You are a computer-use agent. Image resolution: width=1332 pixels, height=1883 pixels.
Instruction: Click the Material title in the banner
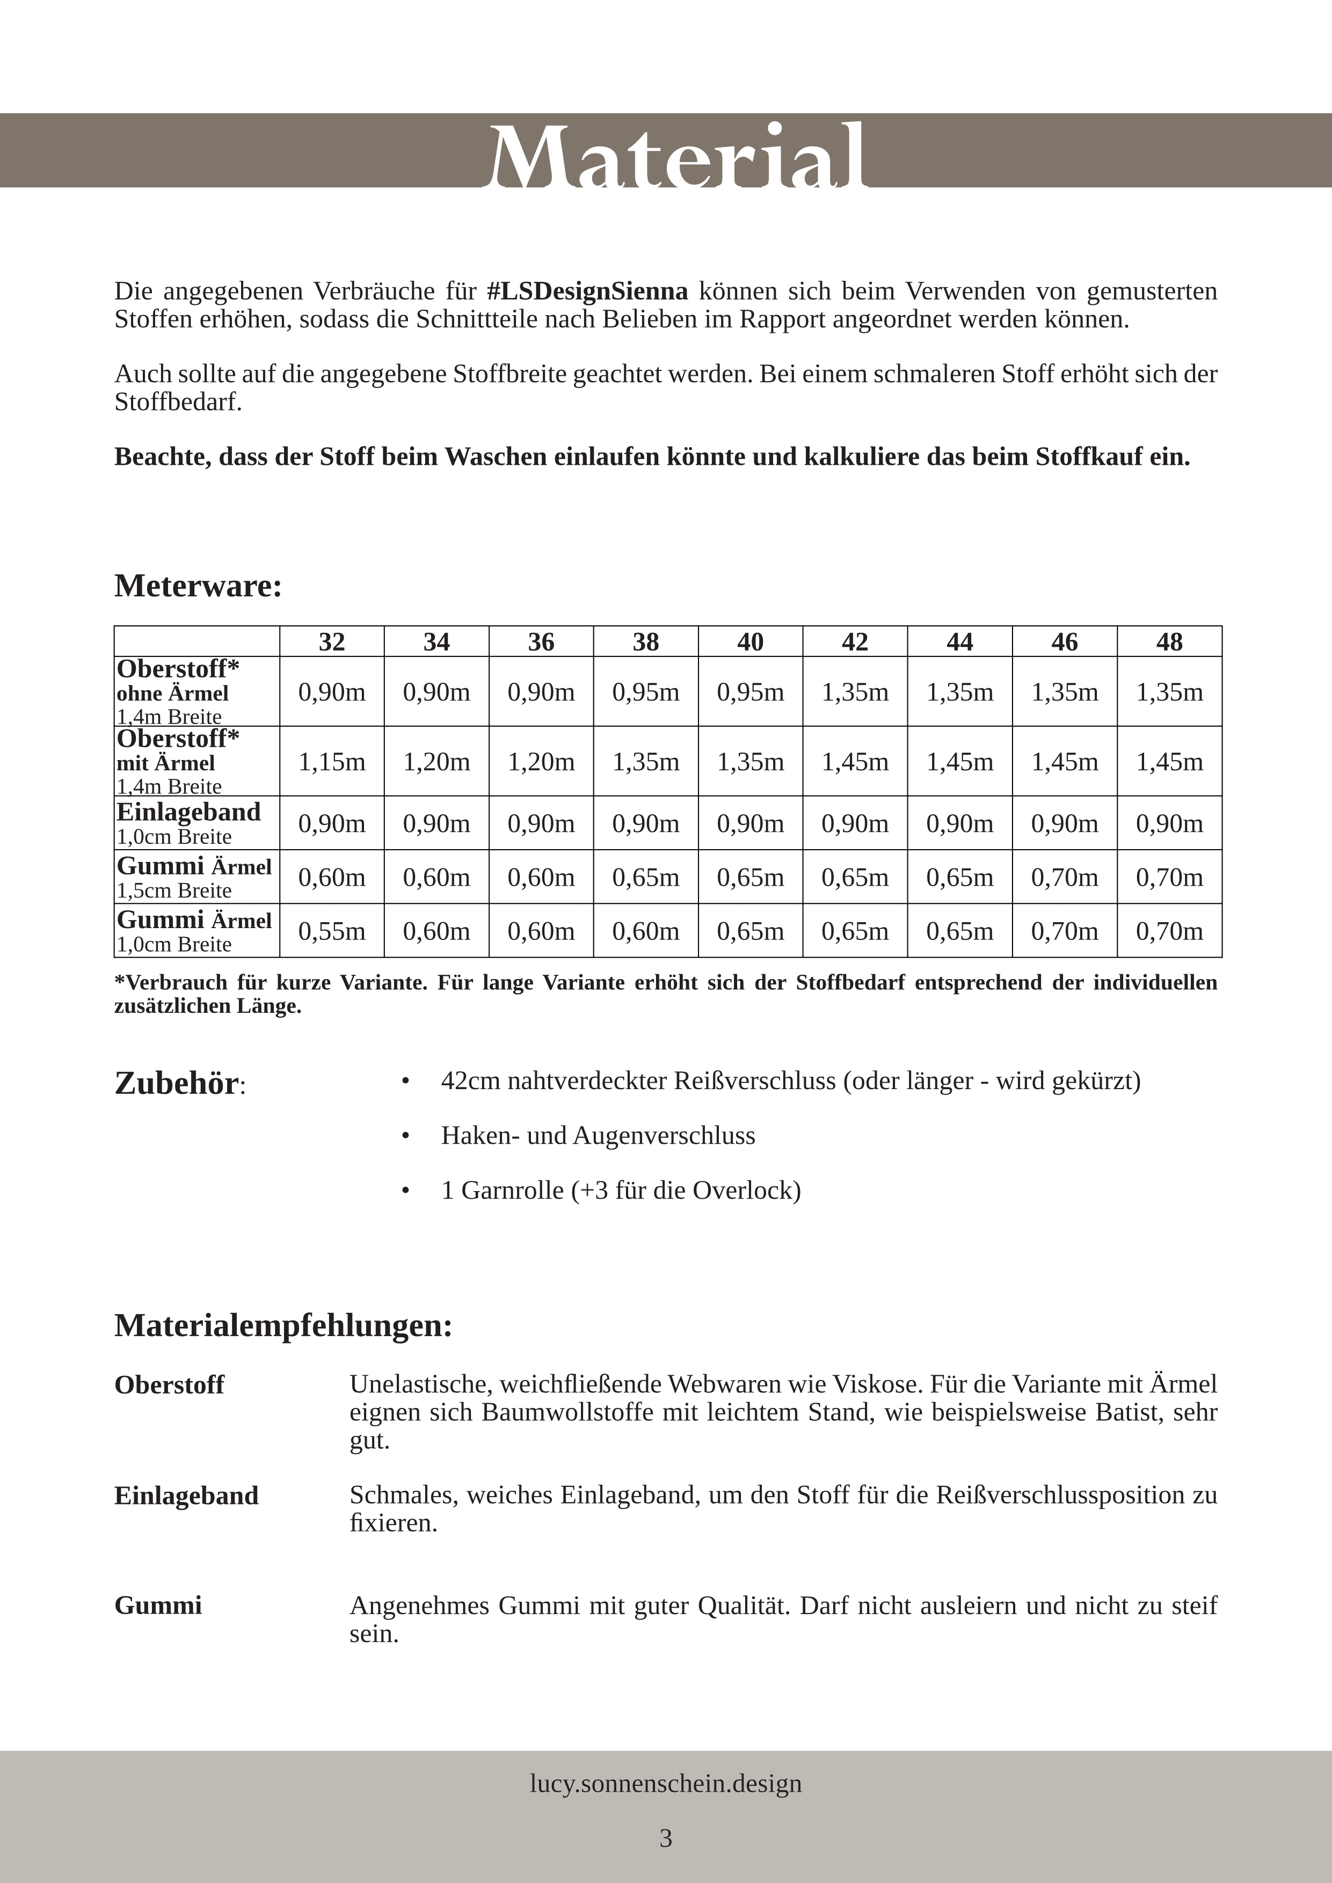click(x=678, y=155)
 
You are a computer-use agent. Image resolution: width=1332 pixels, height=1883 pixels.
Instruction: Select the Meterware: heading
click(x=198, y=586)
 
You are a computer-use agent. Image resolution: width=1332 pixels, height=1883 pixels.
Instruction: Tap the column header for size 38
click(x=645, y=641)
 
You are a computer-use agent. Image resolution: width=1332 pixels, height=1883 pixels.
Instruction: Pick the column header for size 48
click(x=1169, y=641)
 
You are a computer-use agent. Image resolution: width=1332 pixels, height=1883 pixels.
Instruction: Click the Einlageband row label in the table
click(x=188, y=812)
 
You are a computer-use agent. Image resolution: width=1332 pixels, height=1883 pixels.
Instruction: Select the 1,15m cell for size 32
click(x=331, y=762)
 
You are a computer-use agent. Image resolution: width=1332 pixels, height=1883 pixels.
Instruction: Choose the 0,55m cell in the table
click(x=331, y=931)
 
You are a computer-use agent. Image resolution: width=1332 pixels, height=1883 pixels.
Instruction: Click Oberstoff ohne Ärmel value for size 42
click(x=855, y=692)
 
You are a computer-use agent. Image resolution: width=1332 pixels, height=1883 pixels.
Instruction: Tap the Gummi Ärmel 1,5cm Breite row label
click(x=194, y=877)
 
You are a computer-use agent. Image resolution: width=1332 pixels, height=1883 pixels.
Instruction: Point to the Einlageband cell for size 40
click(x=749, y=823)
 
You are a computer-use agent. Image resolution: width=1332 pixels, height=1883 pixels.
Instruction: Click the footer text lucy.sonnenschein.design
click(x=665, y=1784)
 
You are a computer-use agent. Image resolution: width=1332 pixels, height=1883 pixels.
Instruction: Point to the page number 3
click(x=665, y=1838)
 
